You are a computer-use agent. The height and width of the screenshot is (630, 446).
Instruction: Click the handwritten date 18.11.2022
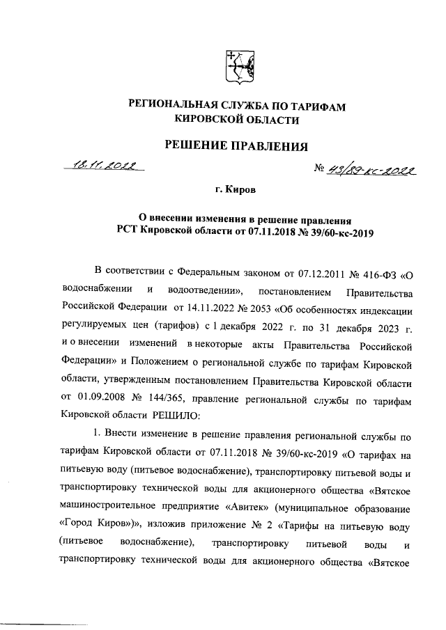(x=100, y=166)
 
